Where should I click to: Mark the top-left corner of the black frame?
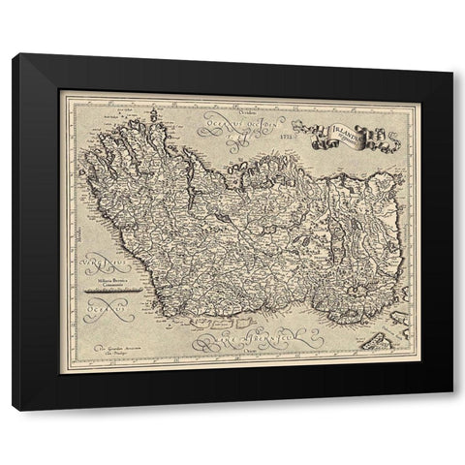(x=14, y=55)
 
